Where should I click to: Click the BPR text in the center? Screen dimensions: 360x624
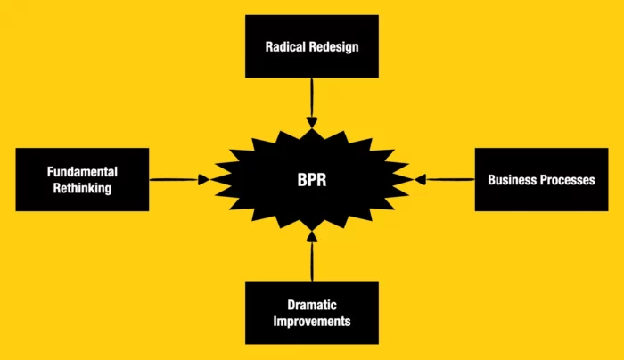pos(312,179)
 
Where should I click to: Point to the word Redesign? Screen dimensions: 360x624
pos(335,45)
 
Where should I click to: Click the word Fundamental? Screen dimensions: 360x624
pos(82,171)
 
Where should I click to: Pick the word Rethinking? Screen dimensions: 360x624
pos(82,187)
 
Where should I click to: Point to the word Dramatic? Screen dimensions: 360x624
pos(312,305)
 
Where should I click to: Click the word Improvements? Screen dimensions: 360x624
pos(312,321)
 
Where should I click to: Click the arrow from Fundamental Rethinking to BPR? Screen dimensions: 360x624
pos(178,179)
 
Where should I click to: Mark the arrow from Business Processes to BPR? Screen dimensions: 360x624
pos(446,179)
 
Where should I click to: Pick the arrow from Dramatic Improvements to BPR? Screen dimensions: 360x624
pos(312,258)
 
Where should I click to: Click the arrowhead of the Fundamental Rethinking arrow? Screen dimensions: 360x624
pos(204,179)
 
